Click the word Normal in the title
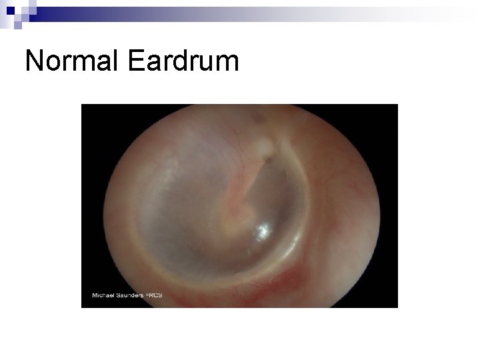click(x=71, y=61)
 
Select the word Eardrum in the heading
click(x=181, y=61)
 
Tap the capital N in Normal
click(x=33, y=61)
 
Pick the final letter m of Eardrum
click(x=227, y=64)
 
